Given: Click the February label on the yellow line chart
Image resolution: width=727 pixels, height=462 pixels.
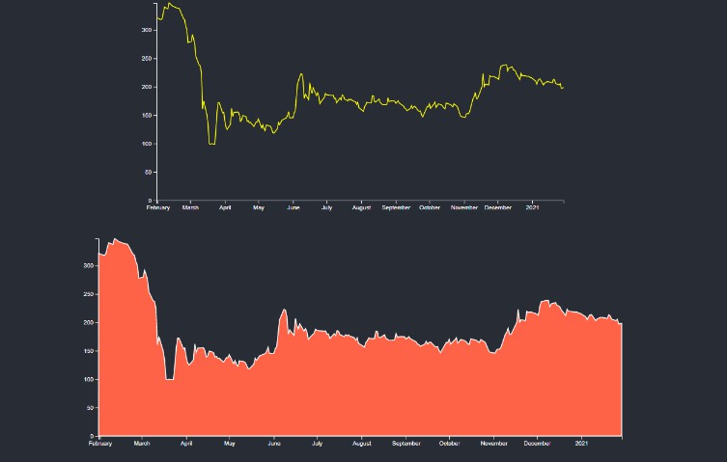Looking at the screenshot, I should click(157, 207).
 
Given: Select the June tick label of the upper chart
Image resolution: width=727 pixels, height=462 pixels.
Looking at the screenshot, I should click(294, 207).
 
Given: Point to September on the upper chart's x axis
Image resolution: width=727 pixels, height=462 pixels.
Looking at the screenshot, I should click(396, 207).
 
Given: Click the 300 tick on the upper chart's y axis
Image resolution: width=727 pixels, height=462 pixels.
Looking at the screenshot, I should click(147, 30).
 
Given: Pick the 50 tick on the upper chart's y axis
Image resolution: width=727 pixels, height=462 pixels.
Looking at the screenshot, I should click(149, 173).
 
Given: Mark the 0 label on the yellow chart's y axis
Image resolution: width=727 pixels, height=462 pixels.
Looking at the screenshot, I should click(151, 201).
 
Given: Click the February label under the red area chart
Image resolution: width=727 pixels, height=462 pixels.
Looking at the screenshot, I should click(99, 444).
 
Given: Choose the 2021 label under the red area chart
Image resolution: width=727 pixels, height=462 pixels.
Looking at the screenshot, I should click(581, 444).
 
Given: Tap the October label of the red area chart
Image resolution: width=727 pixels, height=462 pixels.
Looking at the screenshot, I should click(449, 444).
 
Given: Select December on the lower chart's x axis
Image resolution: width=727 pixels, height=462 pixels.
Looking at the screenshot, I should click(537, 444).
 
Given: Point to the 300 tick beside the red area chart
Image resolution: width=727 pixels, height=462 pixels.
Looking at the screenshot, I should click(89, 265).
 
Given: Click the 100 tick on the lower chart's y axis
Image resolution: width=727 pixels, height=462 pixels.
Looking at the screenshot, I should click(89, 379).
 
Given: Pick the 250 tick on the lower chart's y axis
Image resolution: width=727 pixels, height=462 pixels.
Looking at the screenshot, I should click(89, 293).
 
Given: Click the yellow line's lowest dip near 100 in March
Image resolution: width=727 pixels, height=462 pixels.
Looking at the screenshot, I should click(211, 144).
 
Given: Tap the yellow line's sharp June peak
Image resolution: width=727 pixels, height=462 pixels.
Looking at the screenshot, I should click(301, 73).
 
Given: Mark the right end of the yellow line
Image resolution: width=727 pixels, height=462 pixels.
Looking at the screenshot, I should click(563, 88).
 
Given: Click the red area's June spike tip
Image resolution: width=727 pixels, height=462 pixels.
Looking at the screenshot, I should click(284, 310).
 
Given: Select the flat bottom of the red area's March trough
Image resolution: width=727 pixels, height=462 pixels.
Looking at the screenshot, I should click(170, 379).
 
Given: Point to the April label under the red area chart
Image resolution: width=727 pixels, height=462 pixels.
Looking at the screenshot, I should click(186, 444).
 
